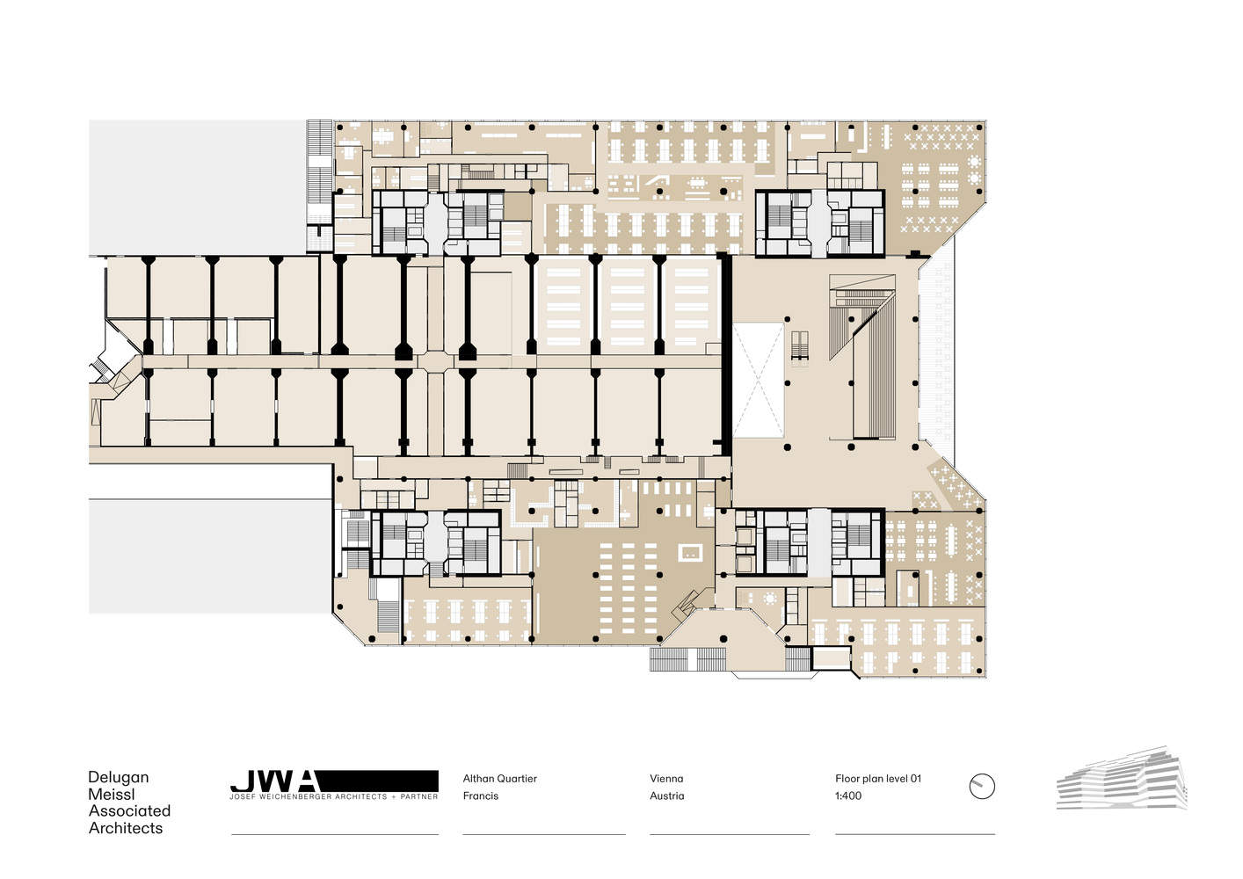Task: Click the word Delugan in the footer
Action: (x=119, y=778)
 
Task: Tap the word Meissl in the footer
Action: (x=112, y=794)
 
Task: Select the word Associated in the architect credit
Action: (x=129, y=810)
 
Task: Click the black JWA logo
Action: (x=334, y=781)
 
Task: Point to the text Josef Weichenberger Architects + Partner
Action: (x=334, y=797)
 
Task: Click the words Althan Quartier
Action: (x=500, y=779)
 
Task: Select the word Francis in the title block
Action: (x=481, y=795)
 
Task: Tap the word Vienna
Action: (x=666, y=779)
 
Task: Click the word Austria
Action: (x=667, y=795)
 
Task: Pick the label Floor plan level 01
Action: (x=878, y=779)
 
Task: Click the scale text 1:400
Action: (x=848, y=795)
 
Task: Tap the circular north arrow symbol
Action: (x=982, y=787)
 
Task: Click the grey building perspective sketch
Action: (x=1122, y=778)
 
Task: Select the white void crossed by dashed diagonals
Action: (x=758, y=380)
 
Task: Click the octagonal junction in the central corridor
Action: (x=436, y=362)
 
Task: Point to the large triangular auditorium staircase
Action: (x=861, y=316)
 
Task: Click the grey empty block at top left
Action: (x=198, y=187)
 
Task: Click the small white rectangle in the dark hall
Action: (x=690, y=553)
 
